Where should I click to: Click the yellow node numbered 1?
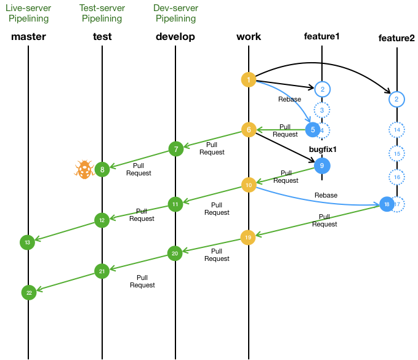tap(249, 80)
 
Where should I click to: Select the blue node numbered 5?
tap(313, 130)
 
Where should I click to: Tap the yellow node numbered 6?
tap(249, 130)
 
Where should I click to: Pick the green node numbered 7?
tap(176, 149)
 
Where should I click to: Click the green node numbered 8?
tap(102, 170)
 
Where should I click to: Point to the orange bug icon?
tap(84, 169)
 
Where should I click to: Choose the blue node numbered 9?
tap(322, 166)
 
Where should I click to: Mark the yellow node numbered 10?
tap(249, 185)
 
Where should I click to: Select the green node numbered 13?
tap(28, 242)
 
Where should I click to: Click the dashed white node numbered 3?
tap(322, 110)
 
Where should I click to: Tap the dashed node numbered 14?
tap(397, 130)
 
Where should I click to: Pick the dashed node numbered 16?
tap(397, 177)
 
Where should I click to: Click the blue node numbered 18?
tap(387, 204)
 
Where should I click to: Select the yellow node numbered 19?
tap(248, 238)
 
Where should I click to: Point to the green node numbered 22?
tap(29, 292)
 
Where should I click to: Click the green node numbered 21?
tap(102, 271)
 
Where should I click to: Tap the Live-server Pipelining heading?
tap(28, 13)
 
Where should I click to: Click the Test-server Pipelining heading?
tap(102, 13)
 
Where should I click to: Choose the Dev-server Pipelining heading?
tap(175, 13)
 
